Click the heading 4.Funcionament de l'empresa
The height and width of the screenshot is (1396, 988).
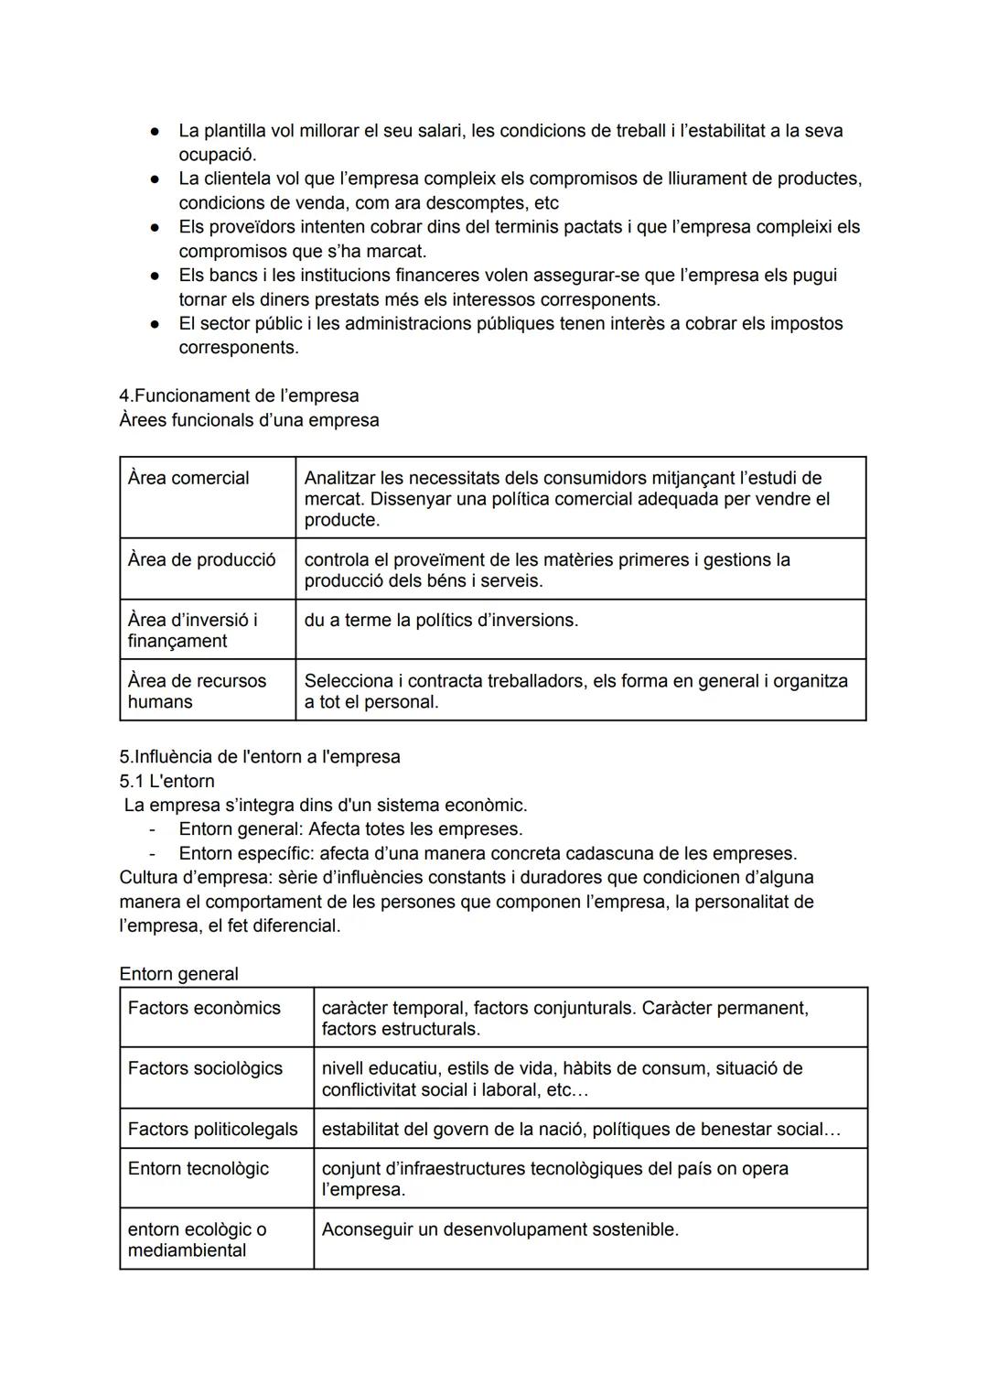[x=239, y=395]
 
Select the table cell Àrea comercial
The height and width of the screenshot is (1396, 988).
[x=188, y=478]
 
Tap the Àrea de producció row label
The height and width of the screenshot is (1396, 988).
[x=201, y=559]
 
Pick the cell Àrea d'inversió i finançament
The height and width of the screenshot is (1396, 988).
[x=192, y=630]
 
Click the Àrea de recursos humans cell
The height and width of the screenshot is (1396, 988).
[x=197, y=691]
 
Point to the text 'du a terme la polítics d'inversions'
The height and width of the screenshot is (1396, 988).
[x=441, y=620]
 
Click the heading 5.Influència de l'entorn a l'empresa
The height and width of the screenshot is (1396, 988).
[x=260, y=757]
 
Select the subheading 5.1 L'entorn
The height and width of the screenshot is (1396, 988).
[x=166, y=781]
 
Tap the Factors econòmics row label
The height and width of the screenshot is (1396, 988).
[x=204, y=1008]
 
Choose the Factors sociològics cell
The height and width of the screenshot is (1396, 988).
[x=205, y=1068]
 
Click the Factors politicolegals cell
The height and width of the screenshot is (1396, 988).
[x=212, y=1129]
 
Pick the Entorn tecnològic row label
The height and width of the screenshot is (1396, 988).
[x=199, y=1168]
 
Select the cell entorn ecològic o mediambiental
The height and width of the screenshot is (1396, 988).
[x=197, y=1239]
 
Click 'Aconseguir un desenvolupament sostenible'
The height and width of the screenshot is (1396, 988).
[x=499, y=1229]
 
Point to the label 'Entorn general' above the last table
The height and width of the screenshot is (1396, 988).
[x=178, y=974]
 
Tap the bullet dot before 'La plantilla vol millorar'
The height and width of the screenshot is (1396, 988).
[x=156, y=131]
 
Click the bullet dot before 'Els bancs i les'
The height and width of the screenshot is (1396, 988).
[x=156, y=276]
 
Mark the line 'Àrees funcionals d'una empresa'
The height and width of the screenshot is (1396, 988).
[x=249, y=420]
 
